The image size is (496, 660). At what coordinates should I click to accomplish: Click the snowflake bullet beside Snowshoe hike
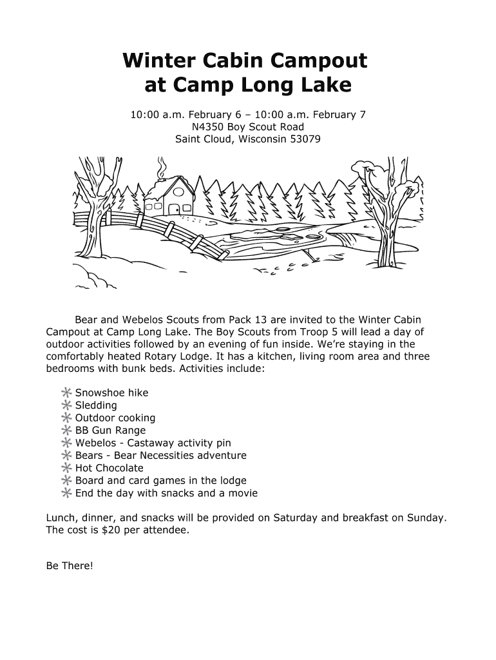(x=66, y=393)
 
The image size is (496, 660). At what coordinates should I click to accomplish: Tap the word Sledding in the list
(x=96, y=405)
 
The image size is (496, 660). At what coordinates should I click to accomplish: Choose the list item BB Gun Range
(x=110, y=431)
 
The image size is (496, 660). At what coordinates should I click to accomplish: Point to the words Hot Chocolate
(x=109, y=468)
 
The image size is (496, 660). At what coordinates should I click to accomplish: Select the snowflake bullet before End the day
(x=66, y=493)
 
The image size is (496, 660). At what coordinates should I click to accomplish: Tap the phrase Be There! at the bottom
(x=70, y=566)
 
